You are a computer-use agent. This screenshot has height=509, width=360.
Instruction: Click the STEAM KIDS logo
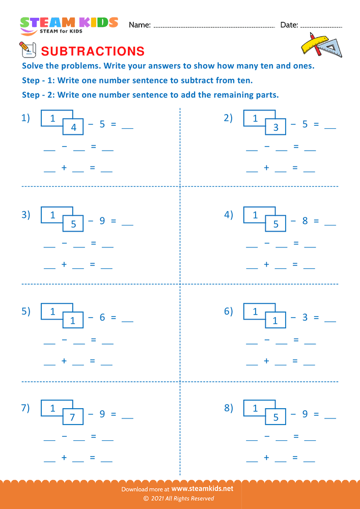[x=69, y=24]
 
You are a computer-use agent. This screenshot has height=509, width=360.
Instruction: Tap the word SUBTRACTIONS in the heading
[x=92, y=51]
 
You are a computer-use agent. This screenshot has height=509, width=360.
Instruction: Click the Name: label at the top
[x=140, y=24]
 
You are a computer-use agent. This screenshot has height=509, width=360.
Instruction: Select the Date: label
[x=289, y=24]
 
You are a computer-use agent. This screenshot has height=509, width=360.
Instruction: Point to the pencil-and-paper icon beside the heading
[x=27, y=49]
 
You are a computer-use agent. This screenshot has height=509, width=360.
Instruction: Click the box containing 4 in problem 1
[x=73, y=128]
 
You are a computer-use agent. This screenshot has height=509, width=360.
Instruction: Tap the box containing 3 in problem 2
[x=275, y=128]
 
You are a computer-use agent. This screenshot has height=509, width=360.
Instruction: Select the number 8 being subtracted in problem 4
[x=304, y=221]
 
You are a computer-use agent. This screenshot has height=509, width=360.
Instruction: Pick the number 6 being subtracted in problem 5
[x=102, y=317]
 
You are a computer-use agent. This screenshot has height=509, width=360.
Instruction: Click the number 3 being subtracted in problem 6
[x=304, y=317]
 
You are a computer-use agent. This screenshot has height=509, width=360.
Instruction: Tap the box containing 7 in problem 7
[x=73, y=417]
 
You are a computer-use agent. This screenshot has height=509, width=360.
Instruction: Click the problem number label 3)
[x=26, y=215]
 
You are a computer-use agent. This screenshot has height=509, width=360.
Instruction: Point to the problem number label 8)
[x=229, y=408]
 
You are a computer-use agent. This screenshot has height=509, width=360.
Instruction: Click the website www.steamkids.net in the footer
[x=199, y=488]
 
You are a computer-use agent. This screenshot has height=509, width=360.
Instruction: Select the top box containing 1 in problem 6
[x=255, y=312]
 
